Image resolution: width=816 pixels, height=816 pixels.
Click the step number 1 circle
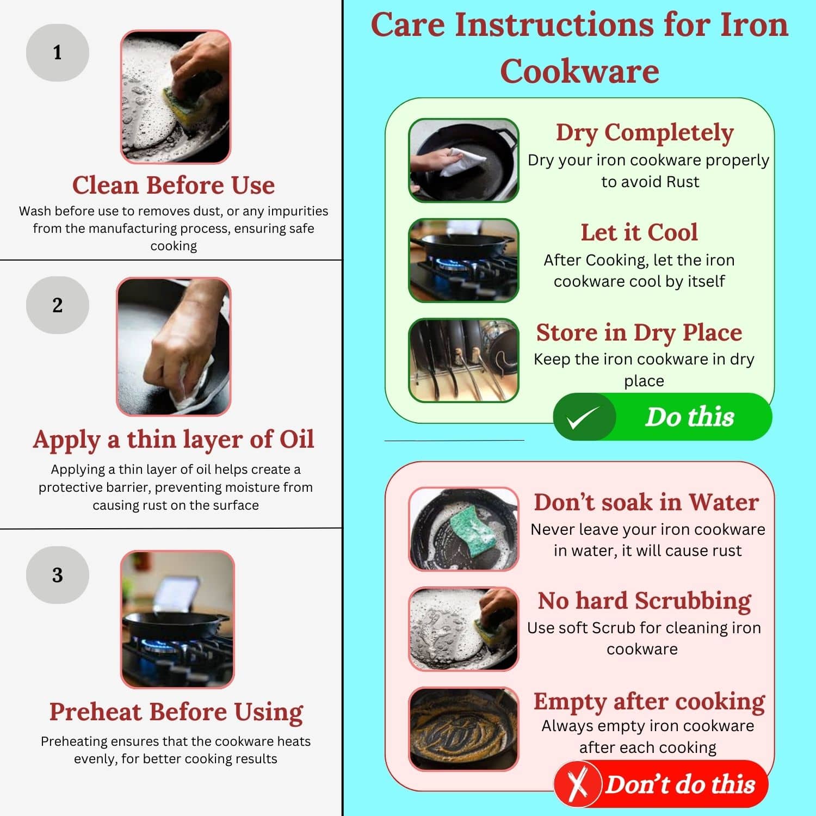tap(57, 53)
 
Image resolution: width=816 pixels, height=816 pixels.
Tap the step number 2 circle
tap(57, 305)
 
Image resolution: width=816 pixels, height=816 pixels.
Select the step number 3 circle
tap(57, 575)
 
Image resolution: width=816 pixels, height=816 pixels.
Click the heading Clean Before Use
tap(174, 185)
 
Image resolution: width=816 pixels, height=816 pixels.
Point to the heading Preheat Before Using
tap(176, 712)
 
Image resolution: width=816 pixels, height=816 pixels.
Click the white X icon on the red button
tap(578, 784)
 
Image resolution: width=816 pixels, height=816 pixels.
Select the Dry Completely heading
tap(645, 133)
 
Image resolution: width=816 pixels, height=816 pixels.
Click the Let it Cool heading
tap(639, 232)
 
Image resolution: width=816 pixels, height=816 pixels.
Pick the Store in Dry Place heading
tap(639, 333)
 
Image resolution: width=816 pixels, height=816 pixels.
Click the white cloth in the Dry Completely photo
tap(462, 160)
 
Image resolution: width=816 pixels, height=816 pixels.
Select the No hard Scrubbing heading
tap(645, 601)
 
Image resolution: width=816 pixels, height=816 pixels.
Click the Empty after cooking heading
tap(649, 702)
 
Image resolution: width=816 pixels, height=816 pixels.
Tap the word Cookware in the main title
tap(579, 71)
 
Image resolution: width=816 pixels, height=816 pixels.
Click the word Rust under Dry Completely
tap(683, 182)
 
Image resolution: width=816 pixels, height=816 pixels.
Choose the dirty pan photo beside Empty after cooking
tap(463, 729)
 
